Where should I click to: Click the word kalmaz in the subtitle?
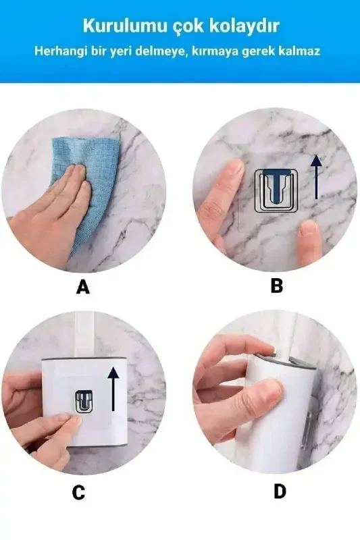299,51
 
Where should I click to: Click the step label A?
82,288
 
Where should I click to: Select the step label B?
276,286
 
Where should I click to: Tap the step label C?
79,493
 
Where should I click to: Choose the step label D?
280,491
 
